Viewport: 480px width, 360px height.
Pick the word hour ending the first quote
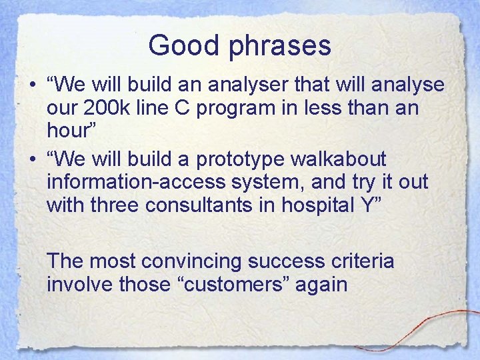(x=70, y=130)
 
